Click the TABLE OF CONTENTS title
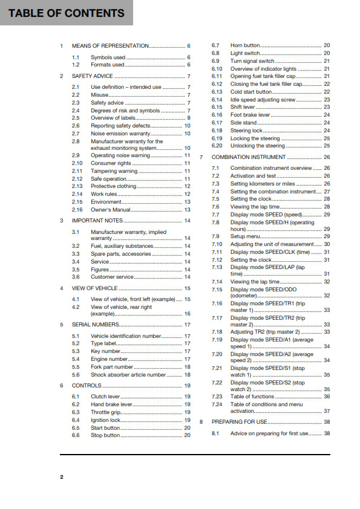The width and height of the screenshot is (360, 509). (x=67, y=13)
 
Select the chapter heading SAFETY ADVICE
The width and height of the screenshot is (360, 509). (x=92, y=76)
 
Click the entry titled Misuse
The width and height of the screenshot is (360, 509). (x=100, y=95)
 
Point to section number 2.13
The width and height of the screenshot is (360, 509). (x=77, y=186)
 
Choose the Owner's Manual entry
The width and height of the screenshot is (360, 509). (x=111, y=210)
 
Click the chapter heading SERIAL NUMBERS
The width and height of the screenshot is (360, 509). (x=97, y=325)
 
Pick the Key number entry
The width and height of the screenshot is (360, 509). (x=105, y=351)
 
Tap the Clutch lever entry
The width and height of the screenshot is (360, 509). (x=106, y=397)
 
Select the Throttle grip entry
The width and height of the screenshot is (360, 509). (x=106, y=412)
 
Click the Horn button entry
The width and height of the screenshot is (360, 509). (x=245, y=45)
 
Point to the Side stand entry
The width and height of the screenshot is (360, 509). (x=244, y=123)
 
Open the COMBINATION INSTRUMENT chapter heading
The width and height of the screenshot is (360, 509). (x=249, y=157)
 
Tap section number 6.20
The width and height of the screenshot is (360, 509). (x=217, y=146)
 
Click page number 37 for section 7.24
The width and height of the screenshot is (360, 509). (x=327, y=411)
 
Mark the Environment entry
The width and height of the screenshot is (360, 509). (x=106, y=202)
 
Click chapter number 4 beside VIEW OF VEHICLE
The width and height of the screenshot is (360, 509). (x=62, y=289)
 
